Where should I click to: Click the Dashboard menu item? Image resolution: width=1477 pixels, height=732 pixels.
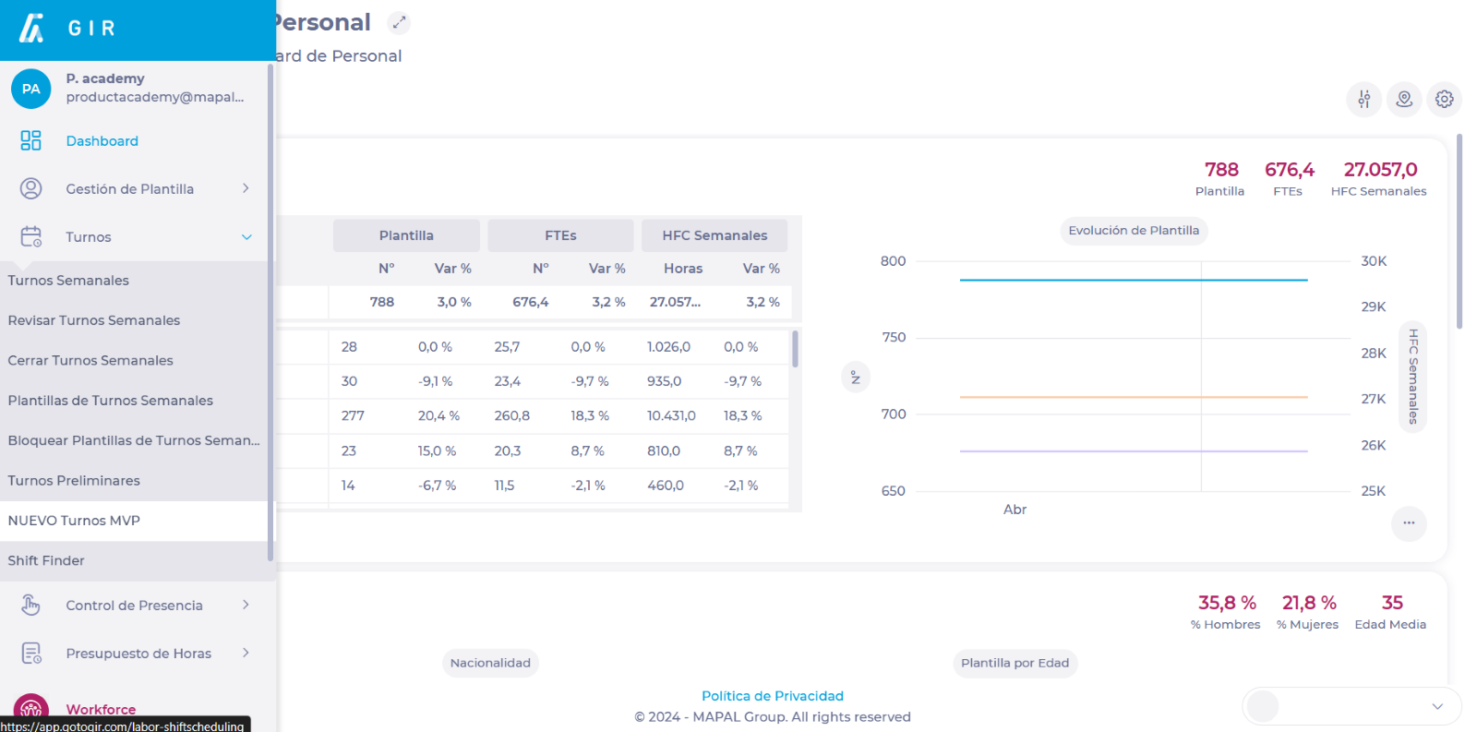[x=102, y=141]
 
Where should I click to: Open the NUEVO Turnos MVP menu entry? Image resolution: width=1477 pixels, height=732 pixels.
[x=74, y=521]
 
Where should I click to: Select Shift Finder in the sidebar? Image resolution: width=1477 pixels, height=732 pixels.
[x=46, y=560]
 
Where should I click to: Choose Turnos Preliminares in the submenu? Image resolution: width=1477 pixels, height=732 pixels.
[x=74, y=481]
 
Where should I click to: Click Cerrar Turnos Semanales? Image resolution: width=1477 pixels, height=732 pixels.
[x=90, y=361]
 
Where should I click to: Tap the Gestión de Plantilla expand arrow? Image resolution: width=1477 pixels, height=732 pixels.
[x=246, y=188]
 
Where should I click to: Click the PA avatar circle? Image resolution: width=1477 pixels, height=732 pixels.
[x=31, y=89]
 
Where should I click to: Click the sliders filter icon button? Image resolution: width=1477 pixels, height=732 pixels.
[x=1363, y=99]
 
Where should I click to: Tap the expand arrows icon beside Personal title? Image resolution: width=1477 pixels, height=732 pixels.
[x=399, y=22]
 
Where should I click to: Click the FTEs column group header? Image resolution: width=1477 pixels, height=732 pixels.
[x=560, y=235]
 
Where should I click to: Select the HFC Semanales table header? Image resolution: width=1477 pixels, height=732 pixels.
[x=714, y=235]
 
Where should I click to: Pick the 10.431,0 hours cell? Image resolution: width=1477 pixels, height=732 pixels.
[x=671, y=416]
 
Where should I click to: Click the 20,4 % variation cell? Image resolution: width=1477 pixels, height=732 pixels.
[x=438, y=416]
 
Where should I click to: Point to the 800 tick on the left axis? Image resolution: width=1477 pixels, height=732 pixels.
[x=893, y=261]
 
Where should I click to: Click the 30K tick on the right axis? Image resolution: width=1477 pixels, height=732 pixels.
[x=1374, y=261]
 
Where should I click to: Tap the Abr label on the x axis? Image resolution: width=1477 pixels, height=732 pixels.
[x=1015, y=510]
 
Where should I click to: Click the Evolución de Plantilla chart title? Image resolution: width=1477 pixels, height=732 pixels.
[x=1134, y=231]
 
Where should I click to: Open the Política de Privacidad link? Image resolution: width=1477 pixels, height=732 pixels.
[x=773, y=696]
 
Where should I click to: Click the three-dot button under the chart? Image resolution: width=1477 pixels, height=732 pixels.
[x=1409, y=523]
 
